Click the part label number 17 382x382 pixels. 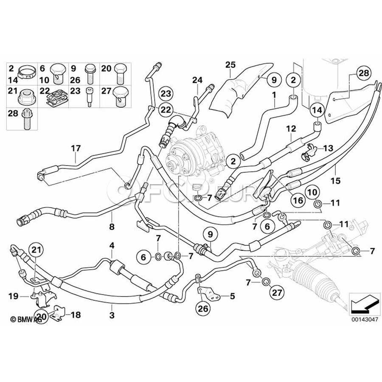[75, 149]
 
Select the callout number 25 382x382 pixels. [230, 65]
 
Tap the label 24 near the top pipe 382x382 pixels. [197, 79]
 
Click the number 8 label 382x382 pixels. [112, 227]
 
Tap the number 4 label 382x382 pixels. [112, 245]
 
